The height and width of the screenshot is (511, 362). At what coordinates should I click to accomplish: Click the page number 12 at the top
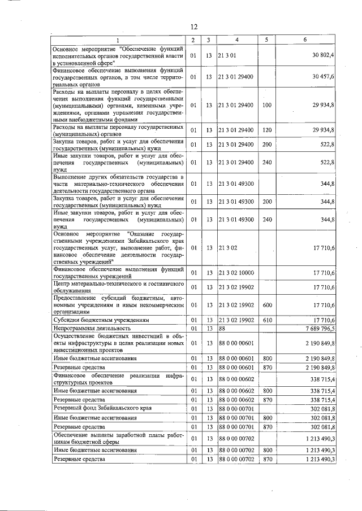(193, 27)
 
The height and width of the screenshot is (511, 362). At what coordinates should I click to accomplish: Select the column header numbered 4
(236, 40)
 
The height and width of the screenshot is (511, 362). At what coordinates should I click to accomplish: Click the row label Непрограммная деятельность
(92, 327)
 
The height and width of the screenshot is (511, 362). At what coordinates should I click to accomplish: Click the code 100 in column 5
(267, 105)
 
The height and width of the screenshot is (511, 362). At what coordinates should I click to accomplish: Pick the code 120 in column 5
(267, 130)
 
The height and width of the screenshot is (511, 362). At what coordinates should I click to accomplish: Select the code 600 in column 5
(267, 305)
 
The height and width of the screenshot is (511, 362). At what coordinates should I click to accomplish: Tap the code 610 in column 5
(267, 320)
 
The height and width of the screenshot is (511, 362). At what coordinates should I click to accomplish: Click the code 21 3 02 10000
(236, 273)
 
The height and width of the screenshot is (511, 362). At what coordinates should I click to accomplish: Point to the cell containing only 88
(222, 327)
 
